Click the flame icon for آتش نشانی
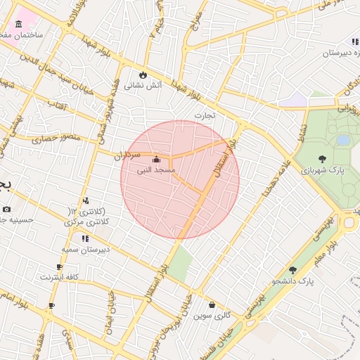click(143, 75)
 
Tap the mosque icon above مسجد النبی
click(155, 160)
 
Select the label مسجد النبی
click(155, 170)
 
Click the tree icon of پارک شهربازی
click(322, 160)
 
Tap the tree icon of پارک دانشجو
click(292, 270)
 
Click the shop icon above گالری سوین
click(212, 305)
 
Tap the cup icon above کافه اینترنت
click(60, 267)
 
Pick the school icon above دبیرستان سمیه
click(86, 239)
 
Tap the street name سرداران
click(128, 153)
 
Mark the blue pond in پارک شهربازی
click(343, 141)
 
